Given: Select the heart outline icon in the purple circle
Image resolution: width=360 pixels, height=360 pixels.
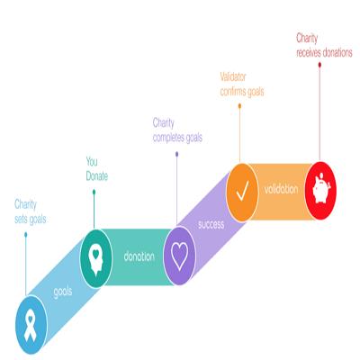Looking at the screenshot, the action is (x=179, y=256).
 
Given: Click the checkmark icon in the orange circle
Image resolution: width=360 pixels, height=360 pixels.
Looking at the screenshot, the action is (x=242, y=191).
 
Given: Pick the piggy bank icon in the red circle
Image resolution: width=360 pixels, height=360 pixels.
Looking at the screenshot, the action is (x=321, y=189).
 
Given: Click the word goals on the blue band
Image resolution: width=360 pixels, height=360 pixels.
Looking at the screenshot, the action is (x=63, y=292).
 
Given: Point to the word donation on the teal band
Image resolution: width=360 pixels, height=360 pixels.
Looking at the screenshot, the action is (x=139, y=256).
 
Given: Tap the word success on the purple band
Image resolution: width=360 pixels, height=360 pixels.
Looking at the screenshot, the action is (x=211, y=224).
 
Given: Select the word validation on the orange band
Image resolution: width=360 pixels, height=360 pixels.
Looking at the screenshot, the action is (x=281, y=189).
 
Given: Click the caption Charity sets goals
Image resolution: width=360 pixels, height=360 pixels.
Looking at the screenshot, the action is (x=31, y=211).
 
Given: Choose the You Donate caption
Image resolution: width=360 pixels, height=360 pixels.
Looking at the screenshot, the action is (x=97, y=169).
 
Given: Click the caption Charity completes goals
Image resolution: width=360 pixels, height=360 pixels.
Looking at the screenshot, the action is (x=177, y=130).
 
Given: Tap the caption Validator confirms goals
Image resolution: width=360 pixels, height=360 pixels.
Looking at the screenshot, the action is (x=242, y=85).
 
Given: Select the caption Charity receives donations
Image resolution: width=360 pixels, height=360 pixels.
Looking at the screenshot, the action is (x=324, y=45).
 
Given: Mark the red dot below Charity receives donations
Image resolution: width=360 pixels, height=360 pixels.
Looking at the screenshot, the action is (x=319, y=65).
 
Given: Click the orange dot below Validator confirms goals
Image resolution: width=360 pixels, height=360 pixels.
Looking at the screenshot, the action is (x=239, y=106).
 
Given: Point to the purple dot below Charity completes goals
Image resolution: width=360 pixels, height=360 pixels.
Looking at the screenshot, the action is (x=177, y=154).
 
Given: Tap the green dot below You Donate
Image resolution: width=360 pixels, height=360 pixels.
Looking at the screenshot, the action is (x=94, y=192).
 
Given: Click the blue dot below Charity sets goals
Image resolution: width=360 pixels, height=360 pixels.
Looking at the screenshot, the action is (x=26, y=235).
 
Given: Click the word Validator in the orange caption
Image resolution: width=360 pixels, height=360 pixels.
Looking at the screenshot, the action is (x=233, y=77).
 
